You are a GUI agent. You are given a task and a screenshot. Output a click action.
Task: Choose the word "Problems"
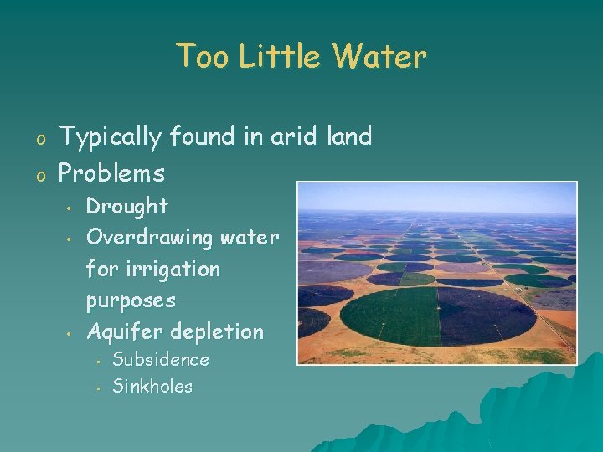[x=111, y=173]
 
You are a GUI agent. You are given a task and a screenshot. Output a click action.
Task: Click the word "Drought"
[x=127, y=206]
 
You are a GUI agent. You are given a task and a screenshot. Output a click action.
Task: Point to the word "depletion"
[x=216, y=332]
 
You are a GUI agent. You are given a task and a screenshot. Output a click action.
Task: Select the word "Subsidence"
[x=161, y=360]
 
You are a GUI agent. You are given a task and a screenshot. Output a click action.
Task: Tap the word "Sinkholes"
[x=152, y=387]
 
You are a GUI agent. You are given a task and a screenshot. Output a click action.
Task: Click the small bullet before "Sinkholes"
[x=98, y=388]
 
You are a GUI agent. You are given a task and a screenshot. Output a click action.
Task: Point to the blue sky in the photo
[x=435, y=196]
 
